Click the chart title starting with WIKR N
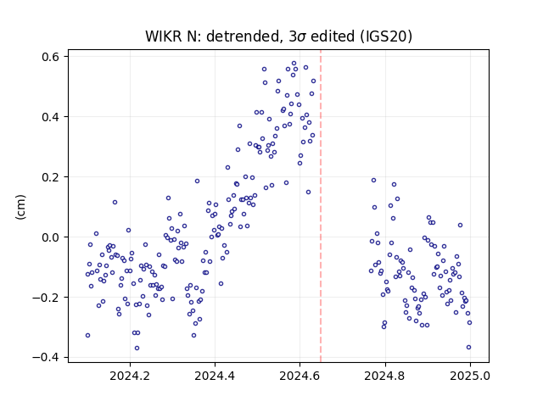278,36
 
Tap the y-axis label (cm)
20,207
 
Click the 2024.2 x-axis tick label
130,376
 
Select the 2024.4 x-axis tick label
215,376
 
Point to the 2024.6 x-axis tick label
299,376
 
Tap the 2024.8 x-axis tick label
384,376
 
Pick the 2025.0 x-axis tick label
470,376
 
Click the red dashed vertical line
321,206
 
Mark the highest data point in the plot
294,64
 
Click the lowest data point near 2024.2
137,348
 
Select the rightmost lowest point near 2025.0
468,347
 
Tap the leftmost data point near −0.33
87,336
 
